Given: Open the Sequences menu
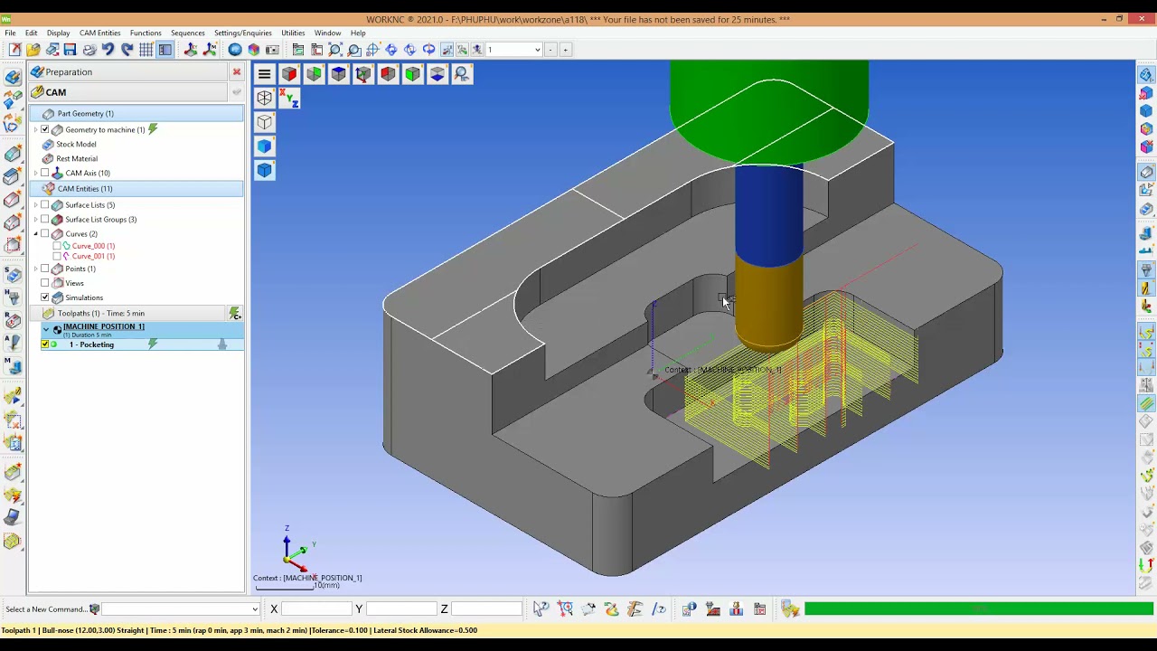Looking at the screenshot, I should point(187,33).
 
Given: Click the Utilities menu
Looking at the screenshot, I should point(292,33).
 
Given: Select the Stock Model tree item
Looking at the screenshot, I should point(76,144).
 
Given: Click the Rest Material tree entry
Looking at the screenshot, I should point(77,158).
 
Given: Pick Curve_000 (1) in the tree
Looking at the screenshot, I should point(93,246).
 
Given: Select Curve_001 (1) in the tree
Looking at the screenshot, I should point(93,256).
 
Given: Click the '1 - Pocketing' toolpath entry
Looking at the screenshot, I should point(92,344).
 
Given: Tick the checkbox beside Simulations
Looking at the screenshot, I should point(45,297).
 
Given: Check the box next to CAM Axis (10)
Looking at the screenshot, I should point(45,173).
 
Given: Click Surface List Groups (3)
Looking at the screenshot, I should point(100,219).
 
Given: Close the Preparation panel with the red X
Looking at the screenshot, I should point(237,72).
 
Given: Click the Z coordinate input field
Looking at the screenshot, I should point(485,609).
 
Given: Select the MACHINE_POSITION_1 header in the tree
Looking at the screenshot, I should point(103,326).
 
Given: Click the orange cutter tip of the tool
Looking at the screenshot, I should point(768,303).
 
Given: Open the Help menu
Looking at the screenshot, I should point(358,33).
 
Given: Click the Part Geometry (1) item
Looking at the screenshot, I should point(85,113).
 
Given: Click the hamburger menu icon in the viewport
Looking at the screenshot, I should point(264,74).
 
